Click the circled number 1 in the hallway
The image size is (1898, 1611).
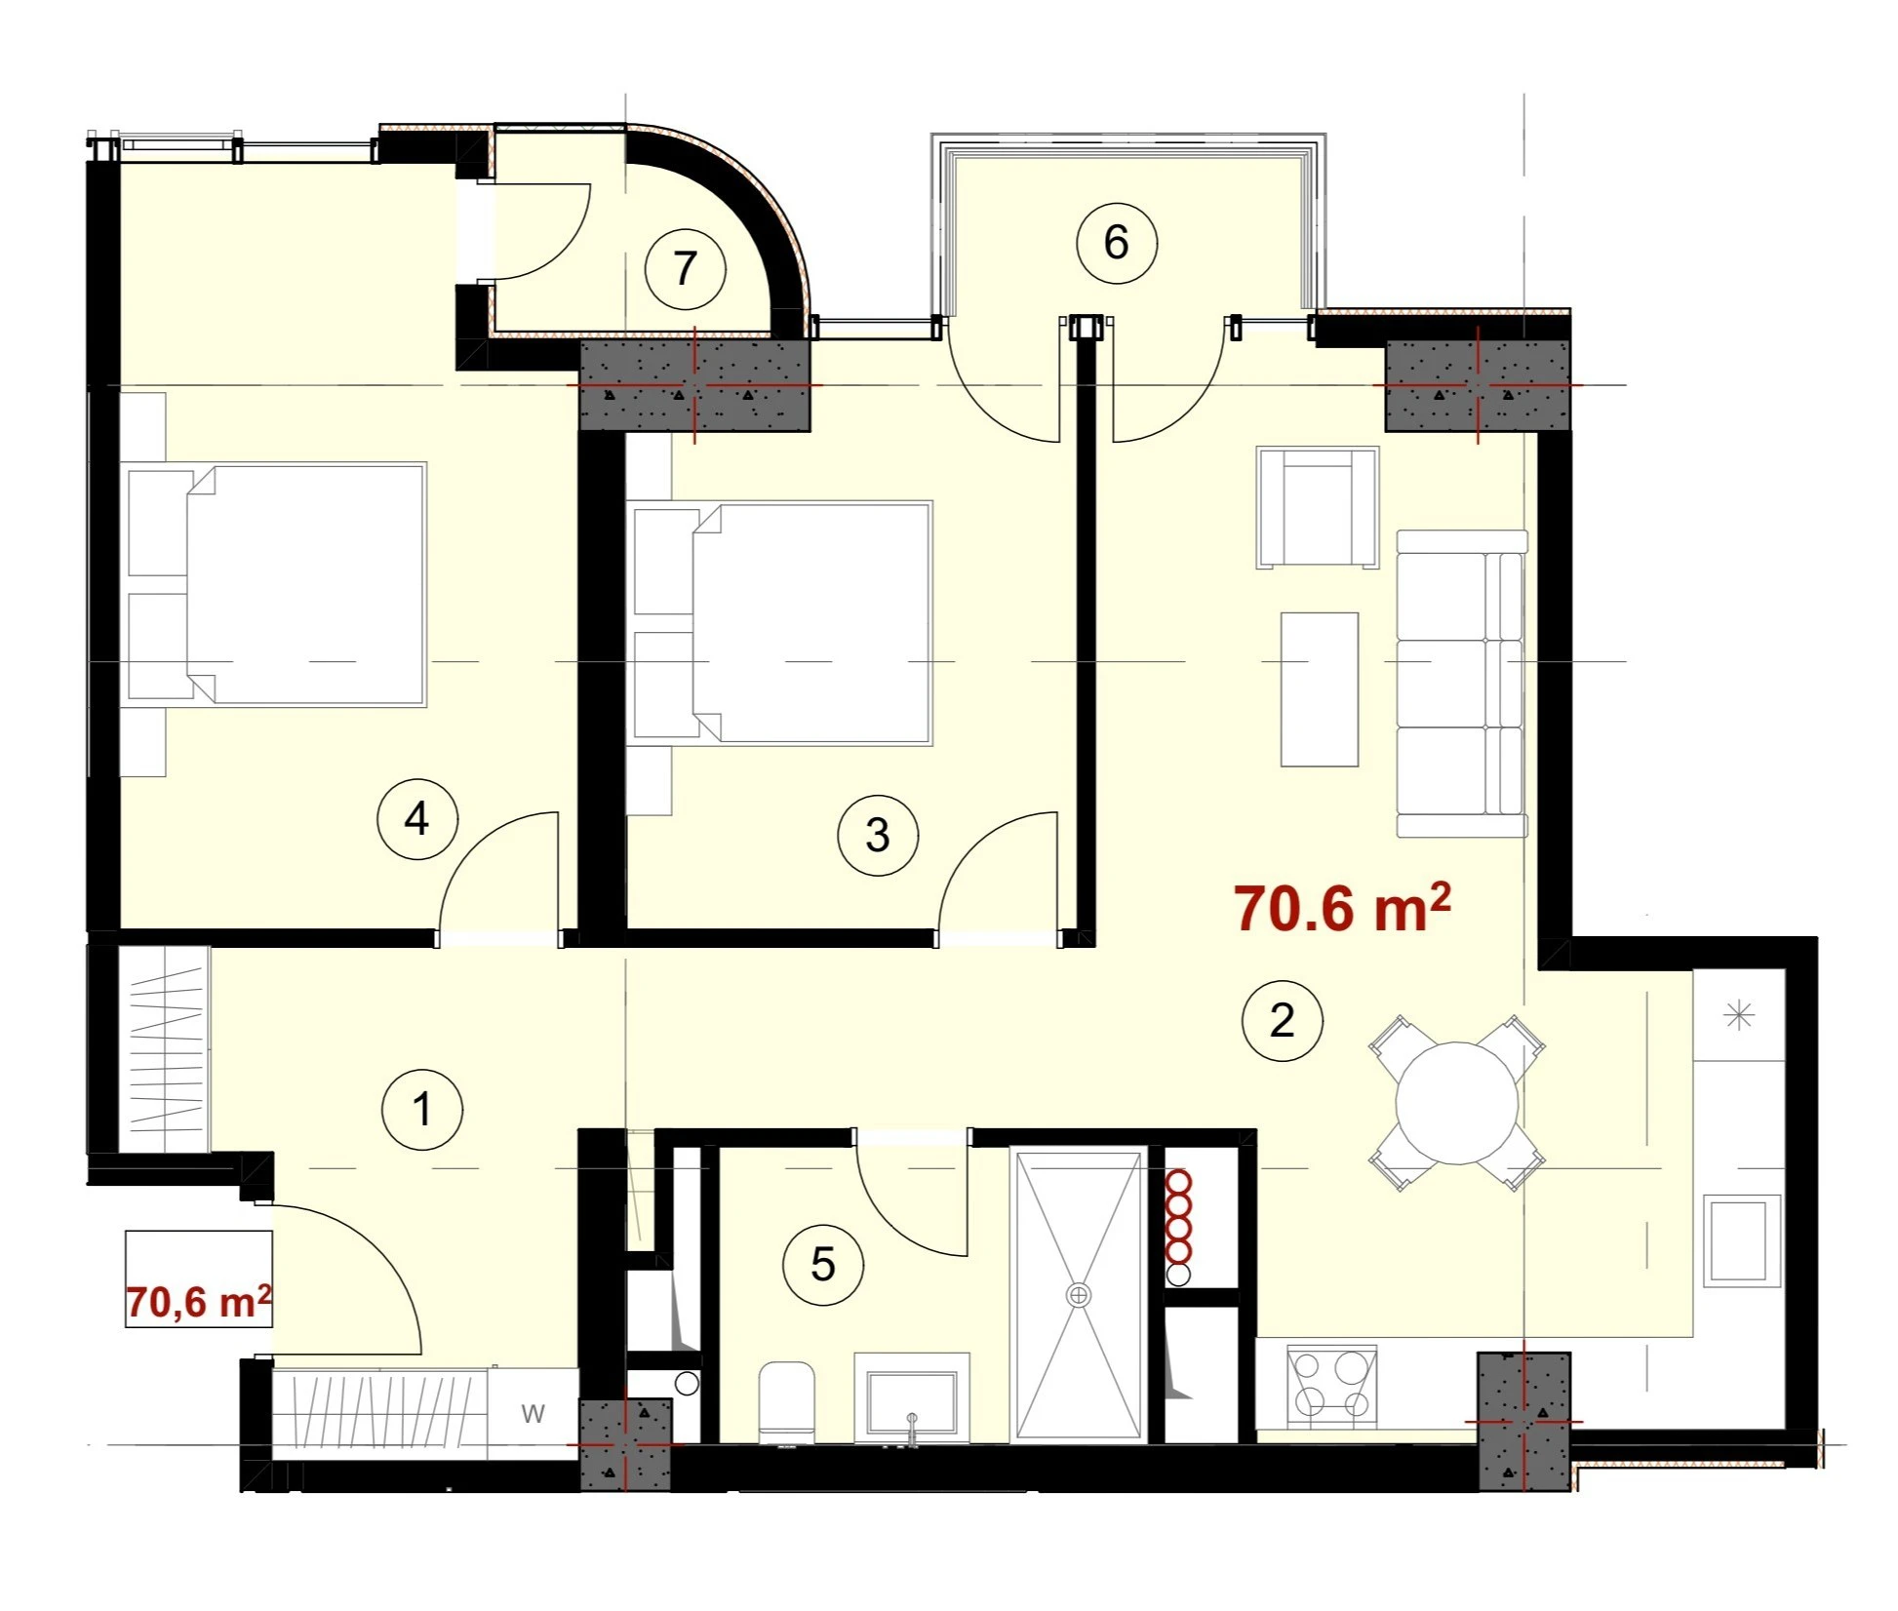pyautogui.click(x=422, y=1110)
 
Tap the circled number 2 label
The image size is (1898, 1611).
pyautogui.click(x=1282, y=1020)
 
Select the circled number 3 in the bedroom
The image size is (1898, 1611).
pyautogui.click(x=878, y=836)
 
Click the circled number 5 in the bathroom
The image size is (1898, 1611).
pyautogui.click(x=823, y=1265)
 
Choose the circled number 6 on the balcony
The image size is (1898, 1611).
pyautogui.click(x=1117, y=243)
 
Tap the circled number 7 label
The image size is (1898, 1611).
pyautogui.click(x=686, y=268)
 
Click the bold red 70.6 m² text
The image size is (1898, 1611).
pyautogui.click(x=1342, y=907)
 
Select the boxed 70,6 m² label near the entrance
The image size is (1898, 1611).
pyautogui.click(x=198, y=1301)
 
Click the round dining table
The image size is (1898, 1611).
pyautogui.click(x=1456, y=1103)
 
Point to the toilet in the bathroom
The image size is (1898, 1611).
pyautogui.click(x=786, y=1402)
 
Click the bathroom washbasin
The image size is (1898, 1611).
pyautogui.click(x=912, y=1397)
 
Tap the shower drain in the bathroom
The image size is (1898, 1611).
pyautogui.click(x=1078, y=1295)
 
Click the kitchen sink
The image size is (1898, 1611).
pyautogui.click(x=1742, y=1240)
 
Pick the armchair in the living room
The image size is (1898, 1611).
pyautogui.click(x=1318, y=507)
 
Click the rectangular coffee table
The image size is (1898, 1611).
pyautogui.click(x=1320, y=689)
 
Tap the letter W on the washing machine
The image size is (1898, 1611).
pyautogui.click(x=533, y=1413)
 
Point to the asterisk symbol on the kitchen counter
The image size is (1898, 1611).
pyautogui.click(x=1739, y=1016)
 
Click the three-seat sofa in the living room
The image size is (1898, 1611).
pyautogui.click(x=1462, y=684)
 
